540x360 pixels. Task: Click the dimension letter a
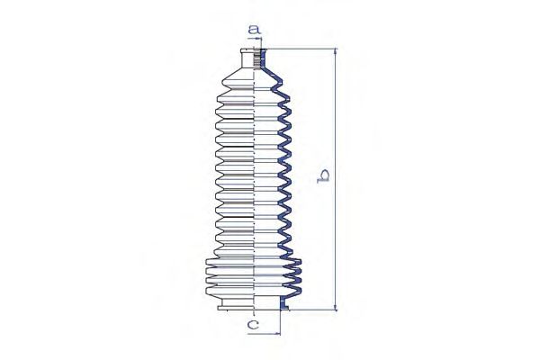pos(254,30)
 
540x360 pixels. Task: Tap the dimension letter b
pos(323,176)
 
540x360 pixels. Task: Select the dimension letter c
pos(253,324)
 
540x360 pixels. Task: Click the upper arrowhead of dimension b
pos(336,51)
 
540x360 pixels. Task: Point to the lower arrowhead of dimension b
pos(336,307)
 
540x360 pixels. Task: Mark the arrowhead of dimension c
pos(277,333)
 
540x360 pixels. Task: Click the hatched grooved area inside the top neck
pos(256,58)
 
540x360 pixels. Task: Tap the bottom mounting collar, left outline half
pos(236,304)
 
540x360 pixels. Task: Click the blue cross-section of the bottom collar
pos(283,303)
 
